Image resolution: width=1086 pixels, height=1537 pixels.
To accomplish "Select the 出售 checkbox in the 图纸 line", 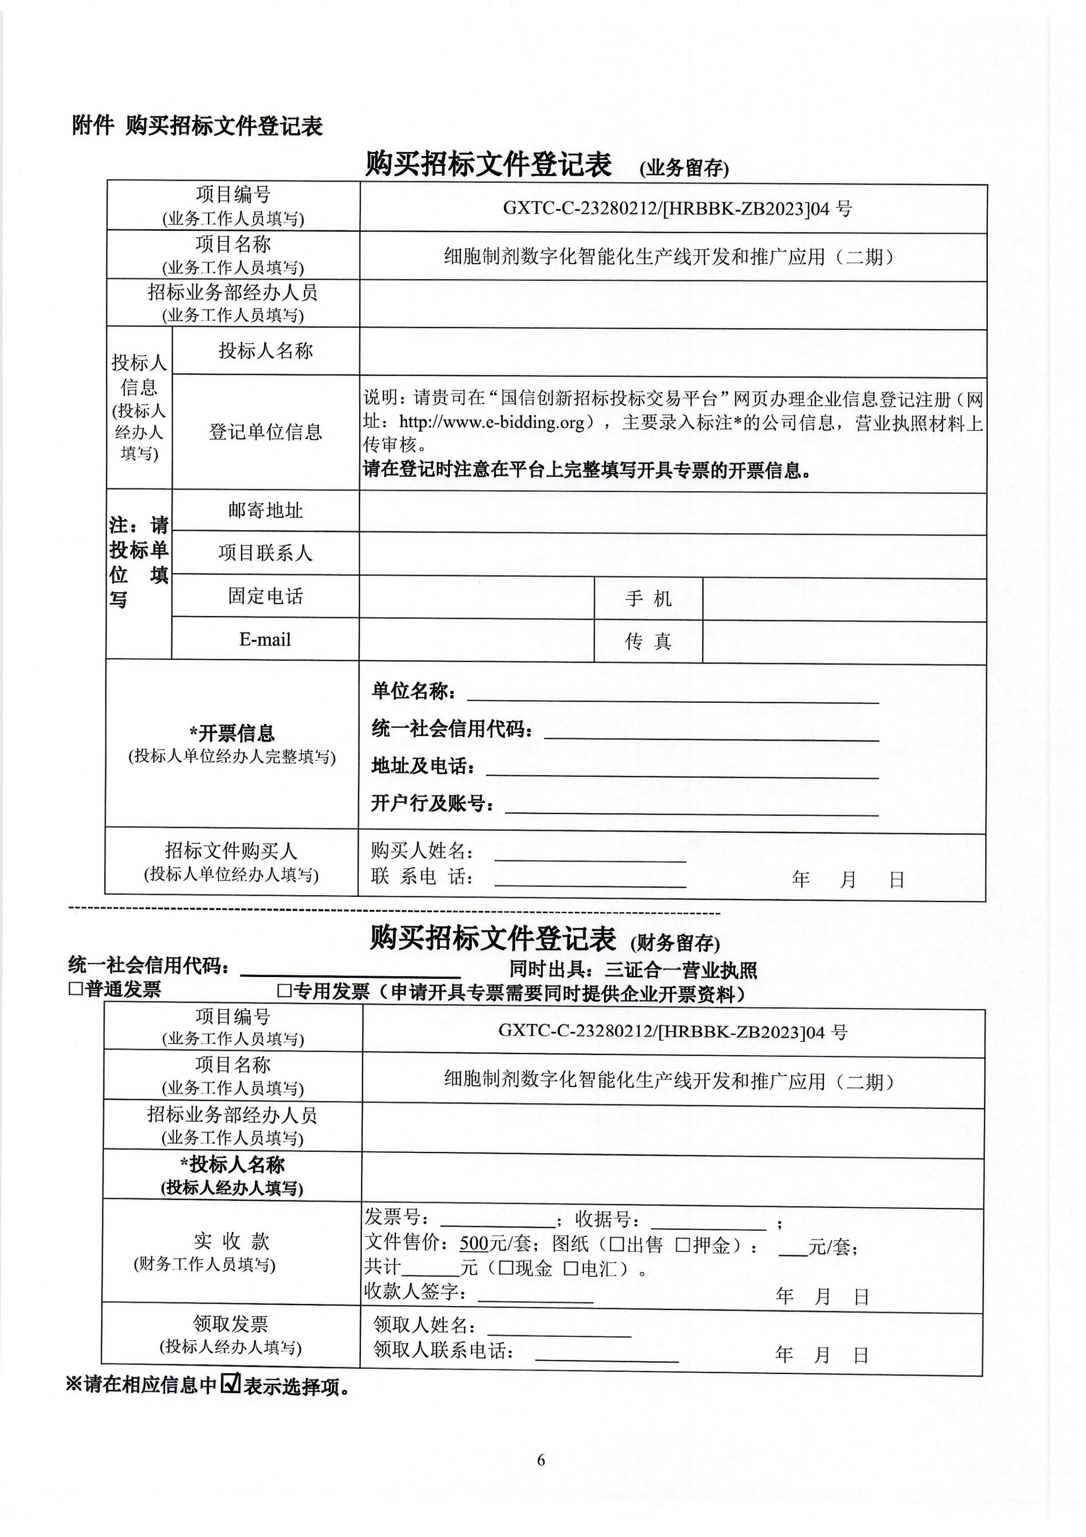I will click(617, 1245).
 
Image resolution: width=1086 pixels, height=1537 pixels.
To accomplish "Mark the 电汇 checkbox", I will click(570, 1268).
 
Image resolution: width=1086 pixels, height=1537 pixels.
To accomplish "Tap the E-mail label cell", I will click(265, 639).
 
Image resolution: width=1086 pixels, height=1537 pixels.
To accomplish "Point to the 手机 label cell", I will click(648, 598).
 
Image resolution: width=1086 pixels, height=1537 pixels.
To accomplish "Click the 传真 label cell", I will click(648, 641).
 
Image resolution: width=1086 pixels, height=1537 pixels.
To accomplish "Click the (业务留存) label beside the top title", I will click(684, 168).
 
